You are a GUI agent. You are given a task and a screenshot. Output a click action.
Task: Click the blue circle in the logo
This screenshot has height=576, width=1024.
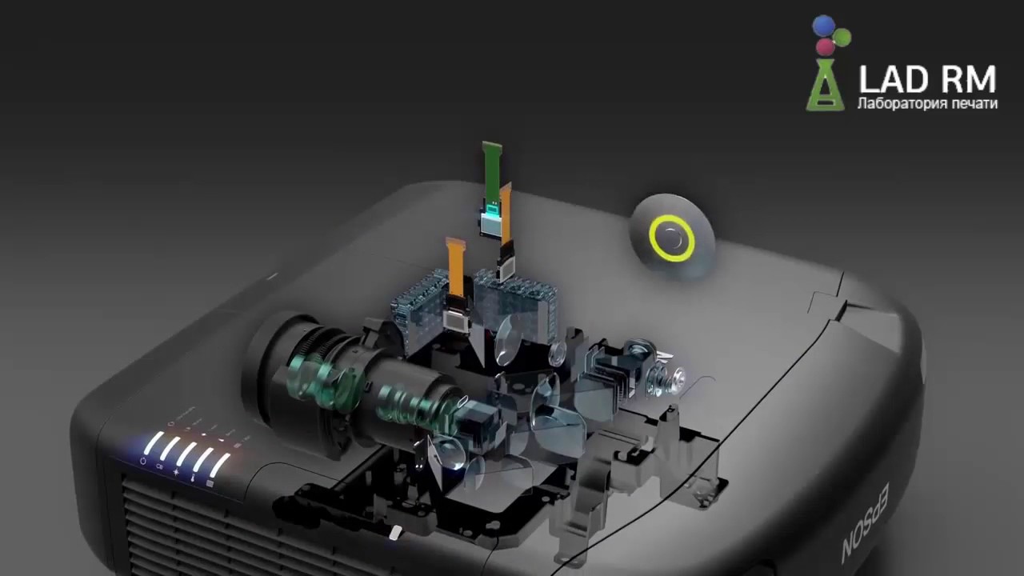click(x=823, y=26)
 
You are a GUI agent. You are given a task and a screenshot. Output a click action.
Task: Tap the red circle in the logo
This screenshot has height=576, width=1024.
click(x=826, y=46)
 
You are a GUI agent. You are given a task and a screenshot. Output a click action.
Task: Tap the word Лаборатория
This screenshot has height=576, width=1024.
click(x=895, y=103)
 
